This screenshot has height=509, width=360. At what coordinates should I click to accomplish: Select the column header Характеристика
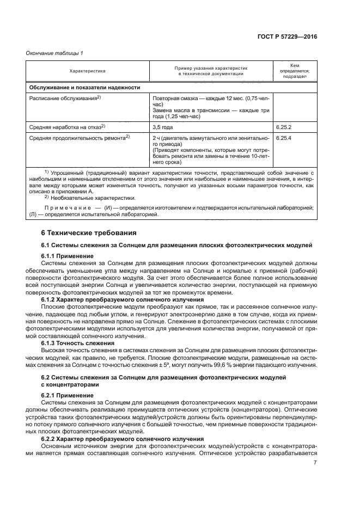87,71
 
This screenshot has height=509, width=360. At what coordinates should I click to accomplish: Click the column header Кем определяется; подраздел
295,71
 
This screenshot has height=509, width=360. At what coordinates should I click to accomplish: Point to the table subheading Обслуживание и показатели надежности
84,87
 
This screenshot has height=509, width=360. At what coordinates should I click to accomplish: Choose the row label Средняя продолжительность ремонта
78,138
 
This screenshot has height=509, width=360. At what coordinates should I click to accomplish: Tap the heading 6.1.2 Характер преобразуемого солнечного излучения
115,299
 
